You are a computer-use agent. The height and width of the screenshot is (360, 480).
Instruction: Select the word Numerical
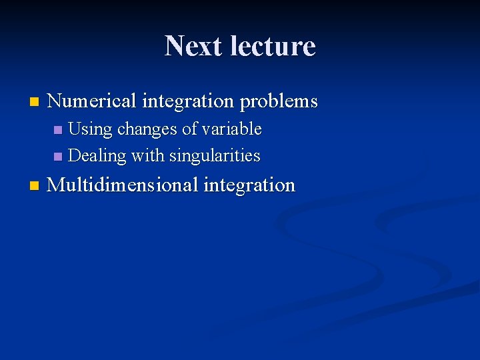click(x=91, y=101)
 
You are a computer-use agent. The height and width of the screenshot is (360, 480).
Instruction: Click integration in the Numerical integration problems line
click(x=187, y=101)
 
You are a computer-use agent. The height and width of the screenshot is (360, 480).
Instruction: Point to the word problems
click(x=279, y=102)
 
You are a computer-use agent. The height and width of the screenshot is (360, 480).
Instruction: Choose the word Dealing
click(x=97, y=156)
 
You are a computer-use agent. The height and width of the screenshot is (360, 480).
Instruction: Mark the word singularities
click(x=215, y=156)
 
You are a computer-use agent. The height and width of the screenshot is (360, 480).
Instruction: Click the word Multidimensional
click(x=123, y=185)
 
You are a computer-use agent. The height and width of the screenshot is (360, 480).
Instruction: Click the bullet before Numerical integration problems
click(x=34, y=103)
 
